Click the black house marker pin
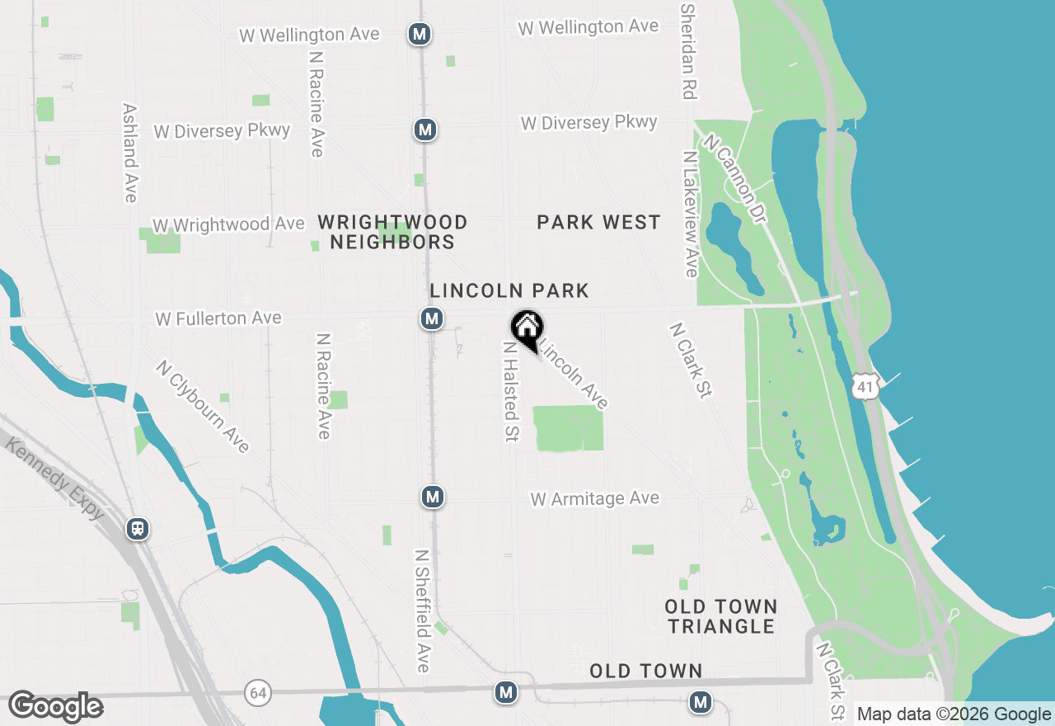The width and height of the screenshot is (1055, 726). pos(527,329)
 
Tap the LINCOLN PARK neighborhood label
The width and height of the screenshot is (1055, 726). pos(509,290)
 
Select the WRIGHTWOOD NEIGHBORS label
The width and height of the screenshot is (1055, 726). pos(392,232)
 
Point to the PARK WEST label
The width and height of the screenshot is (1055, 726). pos(598,222)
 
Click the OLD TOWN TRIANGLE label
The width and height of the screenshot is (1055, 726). pos(721,616)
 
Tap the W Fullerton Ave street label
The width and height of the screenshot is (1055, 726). pos(218,318)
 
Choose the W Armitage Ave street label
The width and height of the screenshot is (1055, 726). pos(595,498)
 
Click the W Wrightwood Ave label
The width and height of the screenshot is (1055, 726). pos(228,224)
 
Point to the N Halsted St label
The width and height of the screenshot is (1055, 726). pos(511,392)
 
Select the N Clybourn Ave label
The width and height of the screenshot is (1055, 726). pos(203,407)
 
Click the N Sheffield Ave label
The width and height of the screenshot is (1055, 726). pos(423,610)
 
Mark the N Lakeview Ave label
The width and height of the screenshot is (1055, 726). pos(691,214)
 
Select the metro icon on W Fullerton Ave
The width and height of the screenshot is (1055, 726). pos(431,318)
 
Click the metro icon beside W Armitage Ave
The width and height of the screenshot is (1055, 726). pos(433,497)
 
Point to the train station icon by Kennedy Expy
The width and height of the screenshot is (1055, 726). pos(138,529)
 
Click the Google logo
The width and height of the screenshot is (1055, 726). pos(55,707)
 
